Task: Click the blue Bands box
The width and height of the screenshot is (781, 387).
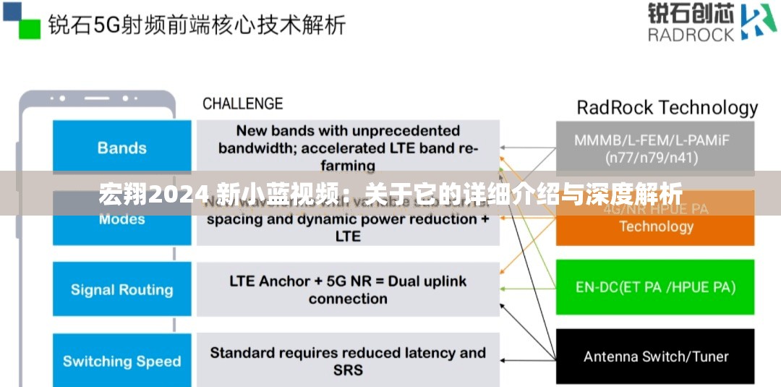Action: (121, 148)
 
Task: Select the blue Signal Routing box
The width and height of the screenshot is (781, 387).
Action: (121, 290)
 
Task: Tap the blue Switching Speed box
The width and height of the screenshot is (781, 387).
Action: (121, 361)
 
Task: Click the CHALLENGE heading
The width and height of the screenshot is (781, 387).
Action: (242, 104)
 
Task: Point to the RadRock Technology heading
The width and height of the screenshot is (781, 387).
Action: (667, 109)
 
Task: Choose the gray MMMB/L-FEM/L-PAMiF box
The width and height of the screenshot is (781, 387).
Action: (654, 148)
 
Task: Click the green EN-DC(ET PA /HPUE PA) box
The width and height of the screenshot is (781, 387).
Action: (654, 287)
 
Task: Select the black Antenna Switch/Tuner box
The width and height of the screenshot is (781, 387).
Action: (654, 357)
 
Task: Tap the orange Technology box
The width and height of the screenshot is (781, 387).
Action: (654, 226)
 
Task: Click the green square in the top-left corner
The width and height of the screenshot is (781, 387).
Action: (29, 28)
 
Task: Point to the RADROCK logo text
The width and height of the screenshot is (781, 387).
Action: (691, 34)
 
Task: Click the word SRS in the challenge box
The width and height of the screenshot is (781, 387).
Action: (348, 370)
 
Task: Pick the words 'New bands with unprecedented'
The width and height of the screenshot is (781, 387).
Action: (348, 131)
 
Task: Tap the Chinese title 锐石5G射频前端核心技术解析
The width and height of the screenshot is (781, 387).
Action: (197, 25)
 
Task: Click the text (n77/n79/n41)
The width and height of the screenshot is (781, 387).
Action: (654, 156)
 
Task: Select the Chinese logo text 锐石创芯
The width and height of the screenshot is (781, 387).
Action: (690, 14)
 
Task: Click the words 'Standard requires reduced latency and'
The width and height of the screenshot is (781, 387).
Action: (348, 353)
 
